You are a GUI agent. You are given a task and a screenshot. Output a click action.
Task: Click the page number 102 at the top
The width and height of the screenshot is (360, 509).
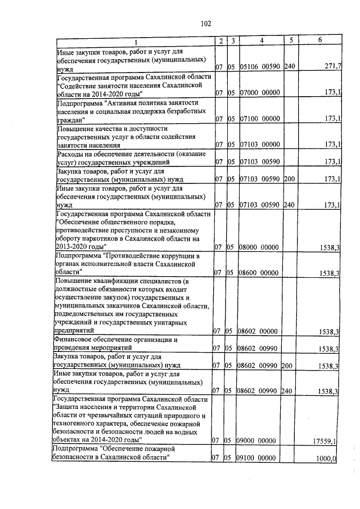tap(205, 23)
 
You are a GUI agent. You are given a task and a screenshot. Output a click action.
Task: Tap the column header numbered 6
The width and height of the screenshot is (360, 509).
tap(319, 40)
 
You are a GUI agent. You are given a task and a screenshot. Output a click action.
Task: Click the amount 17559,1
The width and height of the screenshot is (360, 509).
tap(325, 441)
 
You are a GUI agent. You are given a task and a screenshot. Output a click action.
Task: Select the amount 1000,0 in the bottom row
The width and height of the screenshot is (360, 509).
tap(327, 459)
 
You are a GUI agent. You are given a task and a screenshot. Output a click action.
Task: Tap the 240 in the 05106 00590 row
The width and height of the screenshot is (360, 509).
tap(290, 67)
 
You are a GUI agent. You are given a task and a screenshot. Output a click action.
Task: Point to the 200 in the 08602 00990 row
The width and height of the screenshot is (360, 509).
tap(290, 366)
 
